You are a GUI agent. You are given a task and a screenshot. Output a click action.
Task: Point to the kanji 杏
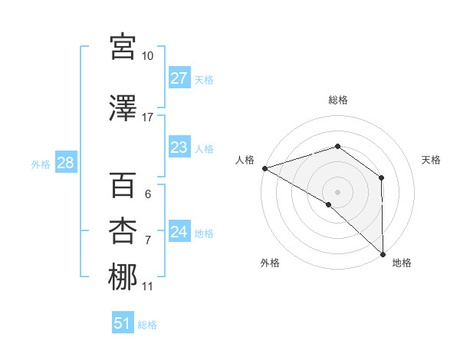pyautogui.click(x=123, y=231)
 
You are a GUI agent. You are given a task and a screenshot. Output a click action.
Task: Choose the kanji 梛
pyautogui.click(x=123, y=277)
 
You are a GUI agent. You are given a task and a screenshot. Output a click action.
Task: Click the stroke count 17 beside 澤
pyautogui.click(x=148, y=118)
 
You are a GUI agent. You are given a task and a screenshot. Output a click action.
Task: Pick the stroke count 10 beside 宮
pyautogui.click(x=148, y=56)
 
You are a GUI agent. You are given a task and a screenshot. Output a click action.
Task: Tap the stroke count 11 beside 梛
pyautogui.click(x=148, y=286)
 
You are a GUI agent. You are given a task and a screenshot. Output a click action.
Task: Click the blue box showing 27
pyautogui.click(x=179, y=78)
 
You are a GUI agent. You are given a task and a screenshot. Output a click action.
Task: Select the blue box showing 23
pyautogui.click(x=179, y=147)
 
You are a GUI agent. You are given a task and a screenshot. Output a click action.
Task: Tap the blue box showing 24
pyautogui.click(x=179, y=232)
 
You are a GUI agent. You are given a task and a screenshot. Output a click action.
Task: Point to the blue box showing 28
pyautogui.click(x=64, y=163)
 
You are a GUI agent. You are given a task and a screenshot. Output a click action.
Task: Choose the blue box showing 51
pyautogui.click(x=123, y=323)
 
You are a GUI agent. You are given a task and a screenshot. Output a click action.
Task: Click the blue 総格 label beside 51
pyautogui.click(x=147, y=325)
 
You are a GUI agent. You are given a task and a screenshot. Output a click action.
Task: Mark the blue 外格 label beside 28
pyautogui.click(x=40, y=164)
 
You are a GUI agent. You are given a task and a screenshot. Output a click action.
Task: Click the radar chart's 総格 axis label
pyautogui.click(x=337, y=100)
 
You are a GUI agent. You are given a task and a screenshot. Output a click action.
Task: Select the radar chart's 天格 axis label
pyautogui.click(x=432, y=160)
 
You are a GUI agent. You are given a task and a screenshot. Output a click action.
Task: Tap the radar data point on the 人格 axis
pyautogui.click(x=264, y=168)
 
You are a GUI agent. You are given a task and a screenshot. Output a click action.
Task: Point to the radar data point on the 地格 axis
pyautogui.click(x=383, y=253)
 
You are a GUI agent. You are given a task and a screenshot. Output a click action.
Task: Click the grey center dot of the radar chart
pyautogui.click(x=337, y=191)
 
